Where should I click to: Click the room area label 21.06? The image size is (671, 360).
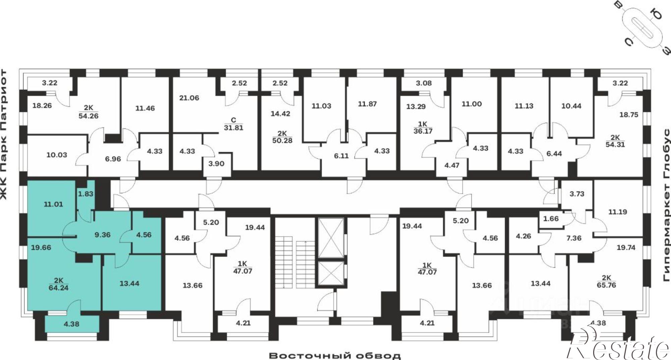pyautogui.click(x=189, y=98)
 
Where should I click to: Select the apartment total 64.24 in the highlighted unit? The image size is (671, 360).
pyautogui.click(x=58, y=288)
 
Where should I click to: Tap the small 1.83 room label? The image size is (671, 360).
pyautogui.click(x=86, y=194)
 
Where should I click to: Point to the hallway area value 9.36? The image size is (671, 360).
pyautogui.click(x=103, y=235)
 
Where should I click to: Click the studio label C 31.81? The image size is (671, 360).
pyautogui.click(x=234, y=124)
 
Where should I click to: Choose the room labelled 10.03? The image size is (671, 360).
pyautogui.click(x=57, y=155)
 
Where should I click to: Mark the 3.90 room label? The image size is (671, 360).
pyautogui.click(x=216, y=164)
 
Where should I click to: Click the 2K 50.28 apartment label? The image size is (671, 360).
pyautogui.click(x=282, y=137)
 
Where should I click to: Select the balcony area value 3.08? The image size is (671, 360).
pyautogui.click(x=424, y=83)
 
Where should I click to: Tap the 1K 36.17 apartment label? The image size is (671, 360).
pyautogui.click(x=423, y=128)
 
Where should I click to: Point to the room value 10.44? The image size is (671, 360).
pyautogui.click(x=571, y=106)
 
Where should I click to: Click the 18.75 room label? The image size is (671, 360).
pyautogui.click(x=629, y=115)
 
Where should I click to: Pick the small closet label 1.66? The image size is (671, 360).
pyautogui.click(x=551, y=219)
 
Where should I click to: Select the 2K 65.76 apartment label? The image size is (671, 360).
pyautogui.click(x=606, y=282)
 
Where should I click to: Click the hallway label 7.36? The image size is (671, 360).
pyautogui.click(x=583, y=238)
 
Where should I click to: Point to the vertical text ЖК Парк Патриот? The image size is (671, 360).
pyautogui.click(x=4, y=134)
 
